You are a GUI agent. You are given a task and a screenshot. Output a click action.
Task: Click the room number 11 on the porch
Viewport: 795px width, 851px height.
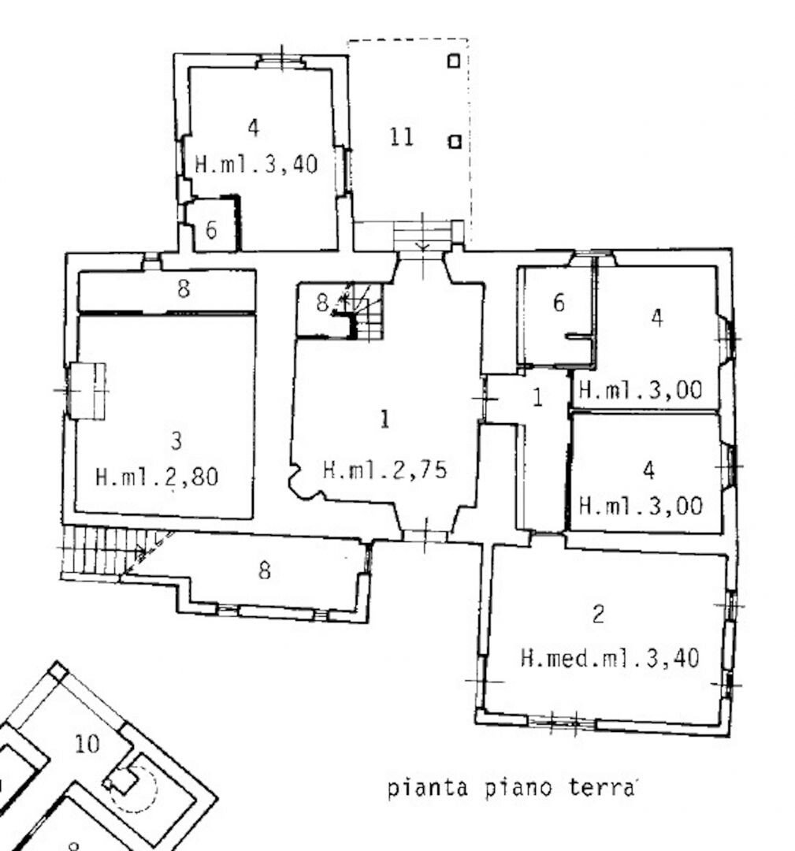click(402, 136)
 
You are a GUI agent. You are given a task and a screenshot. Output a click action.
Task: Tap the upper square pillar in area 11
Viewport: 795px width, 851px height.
click(454, 61)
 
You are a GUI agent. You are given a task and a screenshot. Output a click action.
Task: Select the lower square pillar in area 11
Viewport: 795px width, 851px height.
click(455, 142)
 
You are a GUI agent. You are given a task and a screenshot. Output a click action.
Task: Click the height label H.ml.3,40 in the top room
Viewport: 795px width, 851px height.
click(255, 164)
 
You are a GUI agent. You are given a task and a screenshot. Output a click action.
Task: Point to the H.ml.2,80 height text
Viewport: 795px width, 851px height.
click(157, 477)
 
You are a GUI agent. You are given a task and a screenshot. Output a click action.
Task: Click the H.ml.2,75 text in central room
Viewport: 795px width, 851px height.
click(384, 470)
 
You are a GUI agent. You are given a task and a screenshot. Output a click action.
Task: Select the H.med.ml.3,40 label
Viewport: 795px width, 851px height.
click(609, 658)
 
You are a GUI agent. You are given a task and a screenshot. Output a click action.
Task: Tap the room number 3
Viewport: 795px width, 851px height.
click(176, 440)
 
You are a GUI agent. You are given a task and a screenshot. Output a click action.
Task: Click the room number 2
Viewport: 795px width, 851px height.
click(598, 614)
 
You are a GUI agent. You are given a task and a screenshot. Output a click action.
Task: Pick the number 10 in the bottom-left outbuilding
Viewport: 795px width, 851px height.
click(87, 744)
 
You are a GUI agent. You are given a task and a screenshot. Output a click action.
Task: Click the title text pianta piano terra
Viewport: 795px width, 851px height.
click(511, 787)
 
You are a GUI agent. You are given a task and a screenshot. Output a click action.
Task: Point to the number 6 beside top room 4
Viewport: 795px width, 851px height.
click(211, 230)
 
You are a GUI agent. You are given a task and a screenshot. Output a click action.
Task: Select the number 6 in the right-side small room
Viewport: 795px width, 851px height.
click(559, 303)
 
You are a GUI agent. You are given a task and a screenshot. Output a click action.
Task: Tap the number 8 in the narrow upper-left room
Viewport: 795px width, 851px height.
click(184, 288)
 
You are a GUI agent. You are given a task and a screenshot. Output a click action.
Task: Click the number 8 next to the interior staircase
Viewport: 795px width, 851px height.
click(322, 303)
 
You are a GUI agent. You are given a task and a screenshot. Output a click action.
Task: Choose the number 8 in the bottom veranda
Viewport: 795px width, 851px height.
click(264, 570)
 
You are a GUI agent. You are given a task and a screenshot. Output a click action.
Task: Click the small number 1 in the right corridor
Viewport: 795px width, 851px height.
click(537, 397)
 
